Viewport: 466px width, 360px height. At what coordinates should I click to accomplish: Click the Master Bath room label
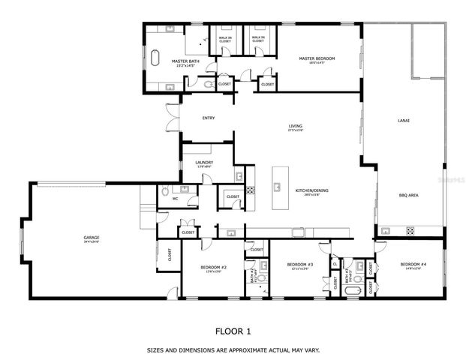point(185,61)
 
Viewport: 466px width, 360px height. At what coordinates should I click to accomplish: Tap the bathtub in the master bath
point(156,58)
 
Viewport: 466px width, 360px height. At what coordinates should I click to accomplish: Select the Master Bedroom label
point(316,58)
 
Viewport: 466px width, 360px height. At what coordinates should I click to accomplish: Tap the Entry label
point(209,118)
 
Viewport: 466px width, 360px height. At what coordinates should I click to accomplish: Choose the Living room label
point(296,126)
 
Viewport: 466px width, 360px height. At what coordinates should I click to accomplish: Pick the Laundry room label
point(204,162)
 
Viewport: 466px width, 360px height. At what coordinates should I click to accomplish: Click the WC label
point(176,199)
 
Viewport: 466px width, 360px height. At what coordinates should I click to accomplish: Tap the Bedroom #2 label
point(214,267)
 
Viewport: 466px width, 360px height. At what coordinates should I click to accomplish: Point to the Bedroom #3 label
point(300,265)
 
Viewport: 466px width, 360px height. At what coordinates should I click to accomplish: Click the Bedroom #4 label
point(413,265)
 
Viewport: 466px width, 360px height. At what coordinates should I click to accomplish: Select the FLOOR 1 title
point(233,330)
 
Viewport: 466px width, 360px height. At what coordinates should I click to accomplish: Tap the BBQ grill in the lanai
point(410,230)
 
